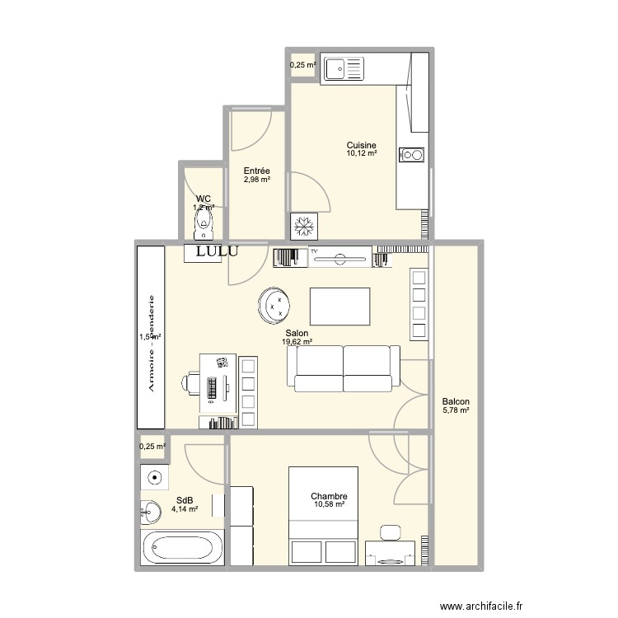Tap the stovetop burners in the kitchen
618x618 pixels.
[x=412, y=154]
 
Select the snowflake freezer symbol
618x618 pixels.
[x=301, y=225]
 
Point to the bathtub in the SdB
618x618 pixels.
[x=183, y=547]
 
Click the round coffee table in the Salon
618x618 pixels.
[x=275, y=306]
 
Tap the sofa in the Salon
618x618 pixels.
[x=343, y=368]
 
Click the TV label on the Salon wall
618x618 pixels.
[x=314, y=250]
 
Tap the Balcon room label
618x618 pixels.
[x=456, y=401]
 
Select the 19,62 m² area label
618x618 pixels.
[x=297, y=342]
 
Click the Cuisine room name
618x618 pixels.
[x=362, y=145]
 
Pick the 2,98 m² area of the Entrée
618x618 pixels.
[x=256, y=180]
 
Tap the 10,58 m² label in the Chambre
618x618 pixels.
[x=329, y=505]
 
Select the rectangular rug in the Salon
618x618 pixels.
[x=339, y=307]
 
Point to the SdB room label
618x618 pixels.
[x=185, y=499]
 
